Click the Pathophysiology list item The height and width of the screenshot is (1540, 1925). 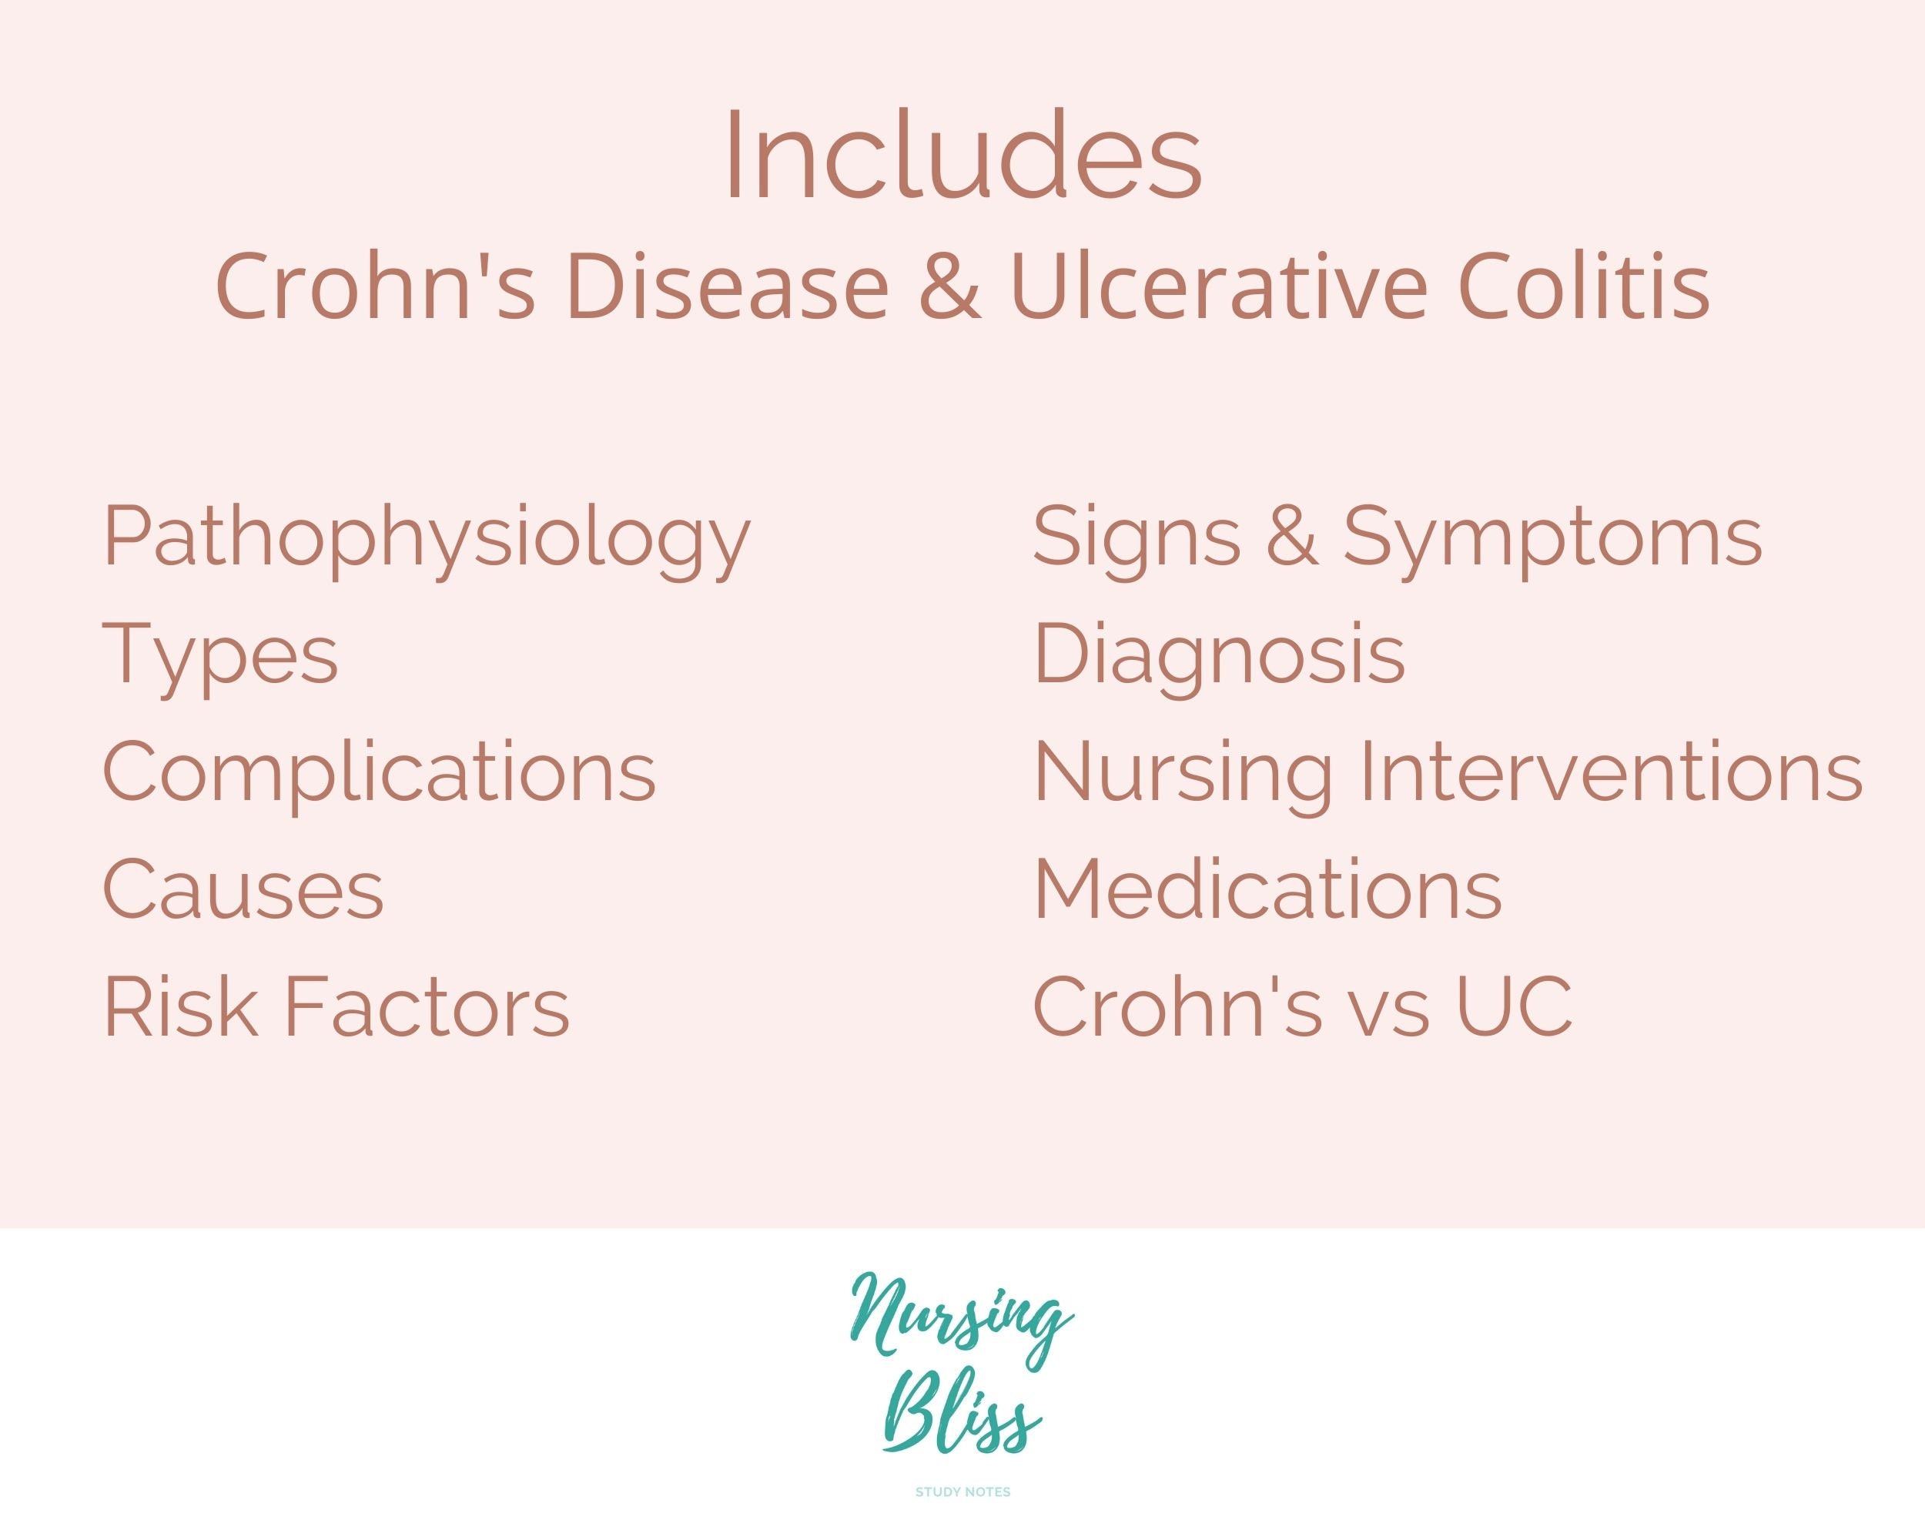pos(427,539)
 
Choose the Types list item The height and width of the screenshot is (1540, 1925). pos(220,657)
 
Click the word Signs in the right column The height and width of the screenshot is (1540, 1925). pos(1136,539)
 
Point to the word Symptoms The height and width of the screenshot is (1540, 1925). pos(1552,539)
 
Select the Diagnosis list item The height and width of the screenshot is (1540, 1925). pos(1219,655)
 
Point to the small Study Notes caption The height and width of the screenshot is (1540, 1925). pos(962,1491)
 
